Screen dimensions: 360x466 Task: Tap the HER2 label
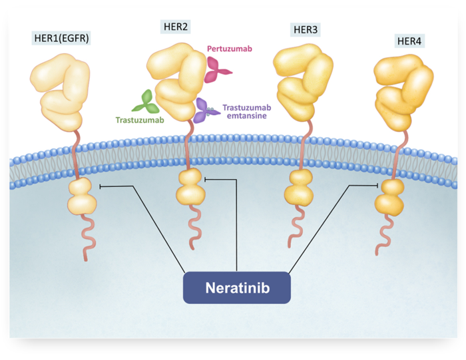[x=176, y=27]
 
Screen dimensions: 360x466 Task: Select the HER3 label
[x=306, y=30]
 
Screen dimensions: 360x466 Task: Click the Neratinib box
[x=237, y=287]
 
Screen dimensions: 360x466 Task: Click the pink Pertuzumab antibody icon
[x=216, y=69]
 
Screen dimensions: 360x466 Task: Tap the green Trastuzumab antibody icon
[x=146, y=100]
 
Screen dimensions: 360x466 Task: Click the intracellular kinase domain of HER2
[x=189, y=187]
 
